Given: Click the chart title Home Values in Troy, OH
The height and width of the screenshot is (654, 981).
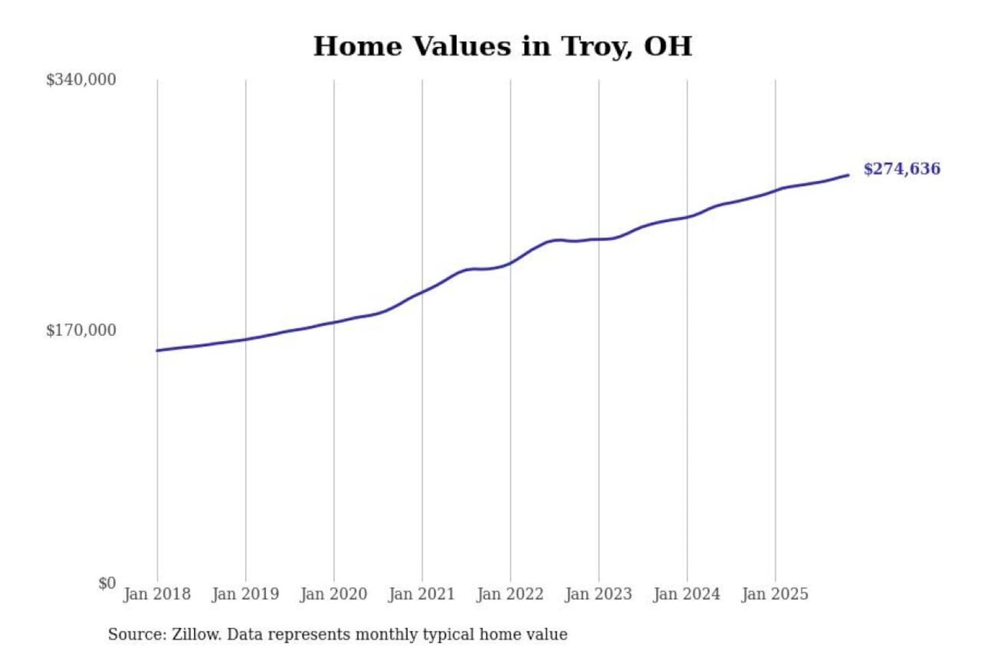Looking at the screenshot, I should click(503, 46).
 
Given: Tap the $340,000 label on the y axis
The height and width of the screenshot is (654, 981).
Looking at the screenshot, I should click(81, 80).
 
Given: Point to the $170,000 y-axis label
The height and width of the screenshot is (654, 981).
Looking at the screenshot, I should click(81, 330).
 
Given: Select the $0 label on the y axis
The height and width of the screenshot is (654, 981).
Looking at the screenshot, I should click(106, 583).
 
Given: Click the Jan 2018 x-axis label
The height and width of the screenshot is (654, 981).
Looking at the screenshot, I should click(157, 594).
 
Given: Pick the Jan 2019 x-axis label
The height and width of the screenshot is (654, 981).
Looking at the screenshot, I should click(245, 594).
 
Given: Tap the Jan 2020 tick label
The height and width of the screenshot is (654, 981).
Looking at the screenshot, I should click(333, 594).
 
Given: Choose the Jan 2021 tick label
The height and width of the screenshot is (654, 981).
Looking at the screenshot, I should click(422, 594).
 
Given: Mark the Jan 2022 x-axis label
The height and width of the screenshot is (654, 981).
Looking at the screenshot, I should click(510, 594).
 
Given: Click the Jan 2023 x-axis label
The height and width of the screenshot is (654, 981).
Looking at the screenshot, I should click(598, 594).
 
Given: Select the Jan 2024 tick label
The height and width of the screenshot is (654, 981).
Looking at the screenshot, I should click(686, 594).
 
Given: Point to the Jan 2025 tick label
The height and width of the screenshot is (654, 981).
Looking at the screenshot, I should click(775, 594).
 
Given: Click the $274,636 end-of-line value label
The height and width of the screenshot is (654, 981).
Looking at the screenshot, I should click(901, 169).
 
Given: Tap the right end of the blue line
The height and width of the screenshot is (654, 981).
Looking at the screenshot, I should click(848, 175).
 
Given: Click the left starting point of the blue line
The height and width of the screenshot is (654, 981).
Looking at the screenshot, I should click(157, 350).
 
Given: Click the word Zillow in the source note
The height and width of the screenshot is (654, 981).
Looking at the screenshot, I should click(196, 634).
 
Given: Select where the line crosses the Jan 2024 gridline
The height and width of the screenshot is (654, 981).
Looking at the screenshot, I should click(687, 217).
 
